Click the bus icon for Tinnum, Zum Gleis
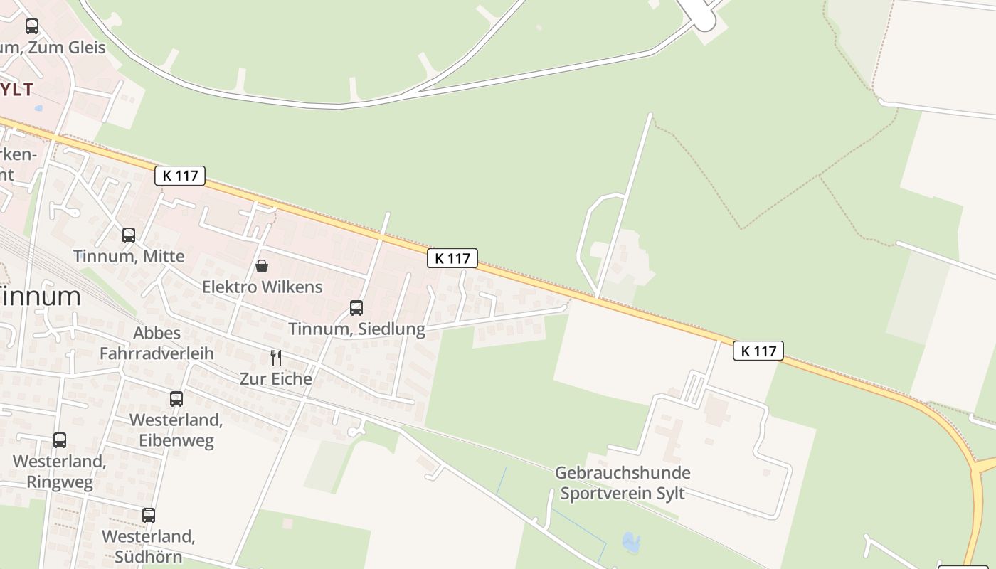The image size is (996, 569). pyautogui.click(x=32, y=26)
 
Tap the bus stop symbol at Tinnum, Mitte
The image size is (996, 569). pyautogui.click(x=129, y=235)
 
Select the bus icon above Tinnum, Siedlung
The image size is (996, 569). pyautogui.click(x=356, y=308)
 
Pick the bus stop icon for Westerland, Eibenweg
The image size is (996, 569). pyautogui.click(x=176, y=399)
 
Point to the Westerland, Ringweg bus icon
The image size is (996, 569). pyautogui.click(x=60, y=440)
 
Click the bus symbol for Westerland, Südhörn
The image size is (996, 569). pyautogui.click(x=149, y=516)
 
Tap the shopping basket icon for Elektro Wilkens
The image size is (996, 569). pyautogui.click(x=262, y=266)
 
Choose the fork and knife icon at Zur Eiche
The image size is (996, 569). pyautogui.click(x=276, y=357)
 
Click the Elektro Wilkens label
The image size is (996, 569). pyautogui.click(x=263, y=287)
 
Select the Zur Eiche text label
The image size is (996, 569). pyautogui.click(x=276, y=378)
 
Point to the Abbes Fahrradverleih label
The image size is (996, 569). pyautogui.click(x=157, y=343)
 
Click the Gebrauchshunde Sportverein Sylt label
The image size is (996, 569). pyautogui.click(x=622, y=483)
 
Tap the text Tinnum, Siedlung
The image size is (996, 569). pyautogui.click(x=356, y=329)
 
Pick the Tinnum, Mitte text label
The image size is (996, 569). pyautogui.click(x=129, y=256)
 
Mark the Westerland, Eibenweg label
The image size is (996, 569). pyautogui.click(x=176, y=430)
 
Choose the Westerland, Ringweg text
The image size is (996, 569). pyautogui.click(x=60, y=472)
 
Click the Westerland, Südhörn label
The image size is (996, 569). pyautogui.click(x=149, y=546)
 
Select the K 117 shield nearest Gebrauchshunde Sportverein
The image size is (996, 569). pyautogui.click(x=758, y=351)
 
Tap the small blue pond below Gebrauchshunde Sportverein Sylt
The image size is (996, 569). pyautogui.click(x=631, y=543)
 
